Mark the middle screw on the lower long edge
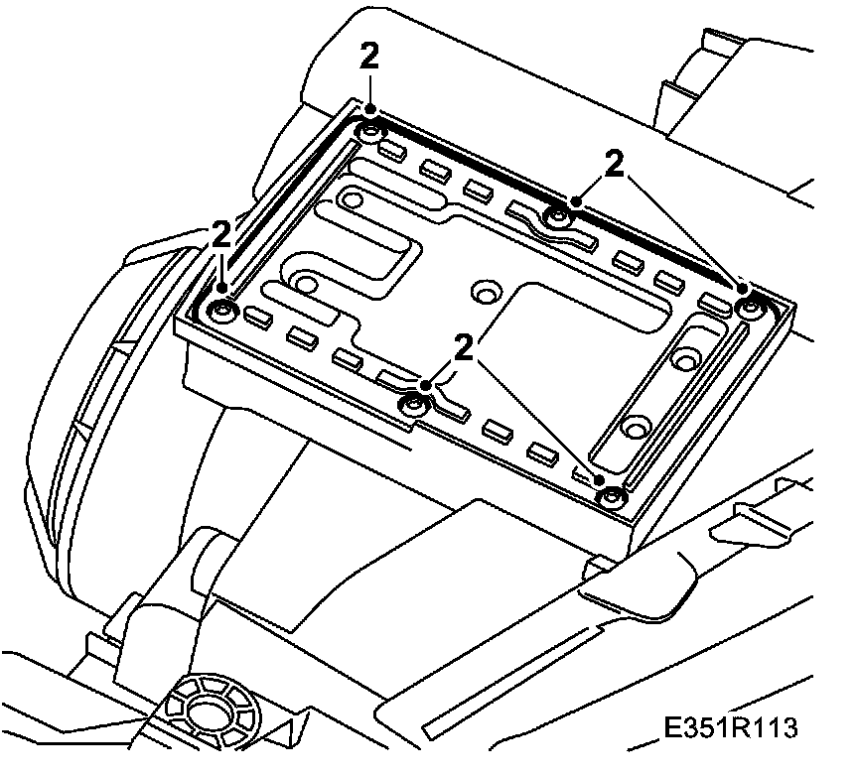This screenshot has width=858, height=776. (x=415, y=404)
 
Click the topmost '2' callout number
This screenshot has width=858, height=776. (x=369, y=57)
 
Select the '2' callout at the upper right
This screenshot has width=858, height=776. (x=615, y=165)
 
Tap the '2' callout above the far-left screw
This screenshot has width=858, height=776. (x=221, y=234)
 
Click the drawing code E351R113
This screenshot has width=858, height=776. (x=732, y=727)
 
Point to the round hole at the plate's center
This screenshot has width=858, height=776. (x=486, y=292)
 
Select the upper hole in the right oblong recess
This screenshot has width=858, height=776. (x=684, y=356)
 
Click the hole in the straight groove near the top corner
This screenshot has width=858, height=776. (x=352, y=199)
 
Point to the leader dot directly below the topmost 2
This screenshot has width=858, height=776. (x=370, y=108)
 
